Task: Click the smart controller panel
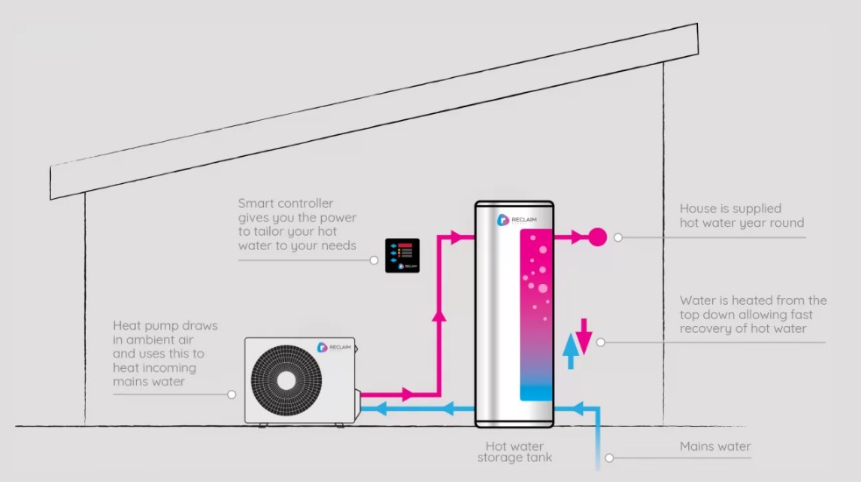tap(402, 255)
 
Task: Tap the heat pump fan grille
tap(286, 380)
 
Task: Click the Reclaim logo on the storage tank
tap(516, 220)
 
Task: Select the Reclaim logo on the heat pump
tap(334, 348)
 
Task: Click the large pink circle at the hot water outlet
tap(598, 237)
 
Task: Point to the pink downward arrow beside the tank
tap(584, 336)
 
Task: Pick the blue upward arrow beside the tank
tap(571, 351)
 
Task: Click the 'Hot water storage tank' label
tap(515, 452)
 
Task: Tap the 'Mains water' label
tap(715, 446)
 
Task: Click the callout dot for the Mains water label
tap(609, 457)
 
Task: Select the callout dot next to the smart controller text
tap(374, 260)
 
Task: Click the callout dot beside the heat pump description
tap(231, 394)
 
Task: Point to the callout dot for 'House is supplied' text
tap(618, 237)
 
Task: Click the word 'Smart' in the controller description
tap(257, 203)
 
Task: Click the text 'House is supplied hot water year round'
tap(742, 216)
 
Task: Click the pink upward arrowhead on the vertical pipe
tap(438, 315)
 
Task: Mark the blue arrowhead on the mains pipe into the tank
tap(577, 408)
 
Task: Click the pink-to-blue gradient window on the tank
tap(537, 315)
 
